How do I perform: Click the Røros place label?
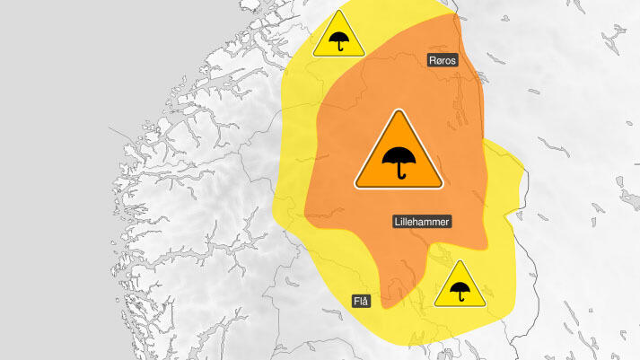point(442,60)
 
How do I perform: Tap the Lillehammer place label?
point(422,221)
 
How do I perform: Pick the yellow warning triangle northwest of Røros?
point(338,38)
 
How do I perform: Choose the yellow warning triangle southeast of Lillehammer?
point(461,287)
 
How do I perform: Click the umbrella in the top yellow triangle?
point(338,41)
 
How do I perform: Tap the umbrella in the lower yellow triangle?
point(461,291)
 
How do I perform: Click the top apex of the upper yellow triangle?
point(338,13)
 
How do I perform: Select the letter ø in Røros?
point(437,60)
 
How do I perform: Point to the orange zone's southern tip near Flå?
point(386,306)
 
